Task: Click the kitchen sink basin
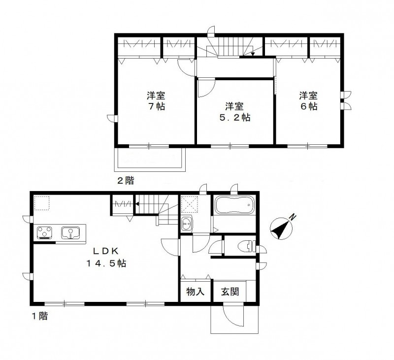(70, 232)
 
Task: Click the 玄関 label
(230, 292)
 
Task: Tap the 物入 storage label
(195, 292)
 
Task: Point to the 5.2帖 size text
(234, 118)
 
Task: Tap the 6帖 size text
(309, 106)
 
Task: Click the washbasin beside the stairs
(187, 224)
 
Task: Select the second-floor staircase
(229, 48)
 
